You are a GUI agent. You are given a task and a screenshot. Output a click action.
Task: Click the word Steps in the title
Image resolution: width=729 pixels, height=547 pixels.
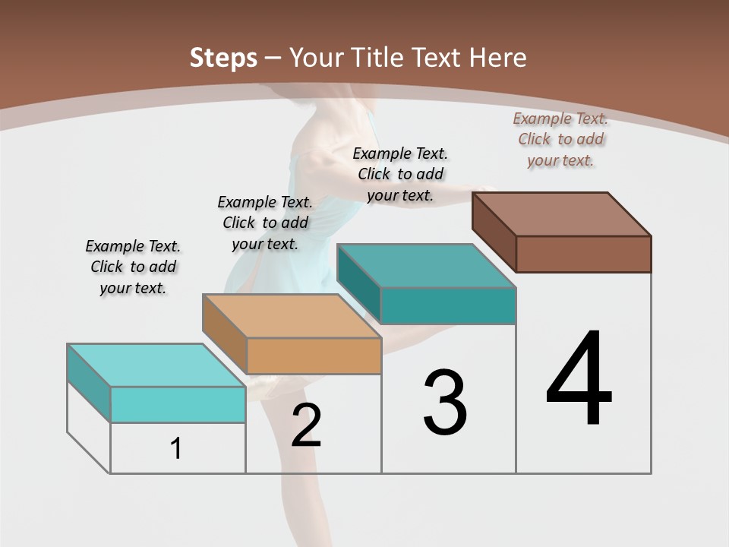coord(222,58)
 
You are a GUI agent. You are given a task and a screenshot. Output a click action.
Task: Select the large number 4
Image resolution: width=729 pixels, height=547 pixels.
coord(579,380)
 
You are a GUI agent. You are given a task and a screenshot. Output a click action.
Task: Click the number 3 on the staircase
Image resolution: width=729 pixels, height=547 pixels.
coord(445,403)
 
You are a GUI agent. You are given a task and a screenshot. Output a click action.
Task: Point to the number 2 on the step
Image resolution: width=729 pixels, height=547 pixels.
coord(306,425)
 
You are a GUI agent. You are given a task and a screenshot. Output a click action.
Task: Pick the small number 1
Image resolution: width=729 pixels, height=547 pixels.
coord(176,449)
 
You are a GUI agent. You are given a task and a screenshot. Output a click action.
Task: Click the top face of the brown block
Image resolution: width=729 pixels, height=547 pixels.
coord(562,214)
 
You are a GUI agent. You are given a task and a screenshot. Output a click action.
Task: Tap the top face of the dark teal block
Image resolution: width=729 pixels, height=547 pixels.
coord(427,266)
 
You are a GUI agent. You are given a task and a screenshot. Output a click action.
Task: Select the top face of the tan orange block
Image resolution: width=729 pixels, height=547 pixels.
coord(292,316)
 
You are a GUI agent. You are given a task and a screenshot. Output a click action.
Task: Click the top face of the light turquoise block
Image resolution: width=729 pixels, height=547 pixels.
coord(156,365)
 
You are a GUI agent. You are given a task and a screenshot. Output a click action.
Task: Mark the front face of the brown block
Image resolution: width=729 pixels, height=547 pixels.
coord(583,254)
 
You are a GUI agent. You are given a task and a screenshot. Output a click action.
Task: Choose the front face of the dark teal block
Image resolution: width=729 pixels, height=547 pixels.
coord(448,305)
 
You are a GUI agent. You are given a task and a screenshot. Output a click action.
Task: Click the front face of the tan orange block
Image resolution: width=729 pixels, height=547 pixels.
coord(314,356)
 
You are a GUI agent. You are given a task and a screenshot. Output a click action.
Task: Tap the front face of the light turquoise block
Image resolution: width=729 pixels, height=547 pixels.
coord(178,404)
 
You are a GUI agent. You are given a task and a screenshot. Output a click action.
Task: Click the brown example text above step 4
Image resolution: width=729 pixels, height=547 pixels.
coord(560,139)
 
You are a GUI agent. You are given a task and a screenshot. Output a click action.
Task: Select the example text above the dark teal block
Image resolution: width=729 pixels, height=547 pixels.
coord(400,174)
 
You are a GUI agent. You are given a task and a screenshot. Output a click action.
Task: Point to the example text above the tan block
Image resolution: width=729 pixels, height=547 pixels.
coord(265,223)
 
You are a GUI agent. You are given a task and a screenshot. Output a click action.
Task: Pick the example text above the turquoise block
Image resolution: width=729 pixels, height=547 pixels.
coord(133,267)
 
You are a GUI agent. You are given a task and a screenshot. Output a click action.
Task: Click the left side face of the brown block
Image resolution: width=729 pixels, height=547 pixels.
coord(494,232)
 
